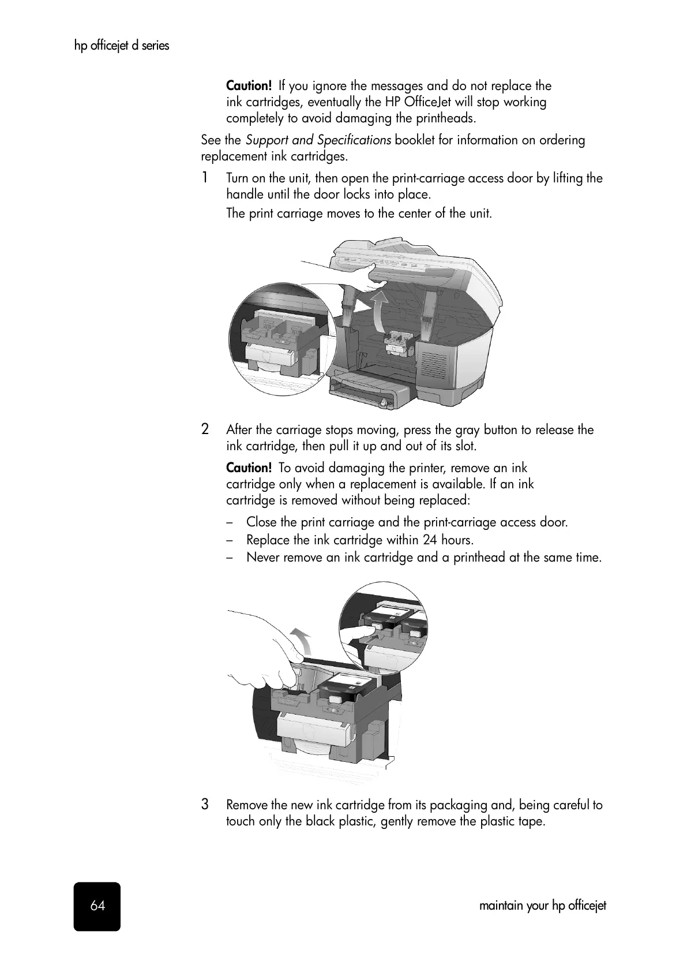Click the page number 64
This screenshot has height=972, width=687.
[x=97, y=906]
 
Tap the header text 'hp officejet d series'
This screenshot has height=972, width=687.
[x=122, y=46]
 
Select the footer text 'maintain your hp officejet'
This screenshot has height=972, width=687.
[x=542, y=906]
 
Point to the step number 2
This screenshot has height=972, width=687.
[x=205, y=429]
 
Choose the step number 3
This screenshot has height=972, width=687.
[x=205, y=804]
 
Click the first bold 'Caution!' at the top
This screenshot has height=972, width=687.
[x=249, y=86]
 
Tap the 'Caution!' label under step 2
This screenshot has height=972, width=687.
[x=249, y=468]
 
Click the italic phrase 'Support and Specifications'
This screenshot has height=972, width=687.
[x=318, y=140]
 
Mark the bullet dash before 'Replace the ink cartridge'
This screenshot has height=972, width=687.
[x=230, y=540]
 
